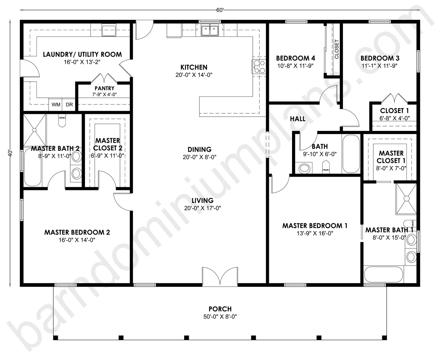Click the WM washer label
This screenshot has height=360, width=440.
pyautogui.click(x=56, y=105)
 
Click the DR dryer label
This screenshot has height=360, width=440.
pyautogui.click(x=69, y=105)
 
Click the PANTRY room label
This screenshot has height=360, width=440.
pyautogui.click(x=104, y=88)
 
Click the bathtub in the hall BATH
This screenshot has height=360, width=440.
pyautogui.click(x=351, y=154)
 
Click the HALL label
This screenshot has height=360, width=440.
pyautogui.click(x=297, y=119)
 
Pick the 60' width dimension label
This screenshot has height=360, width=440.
pyautogui.click(x=220, y=10)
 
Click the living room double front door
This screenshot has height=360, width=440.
pyautogui.click(x=220, y=277)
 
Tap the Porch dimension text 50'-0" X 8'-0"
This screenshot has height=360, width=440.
pyautogui.click(x=220, y=317)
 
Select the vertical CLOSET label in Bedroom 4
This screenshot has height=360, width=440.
pyautogui.click(x=336, y=49)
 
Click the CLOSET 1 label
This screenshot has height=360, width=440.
pyautogui.click(x=394, y=111)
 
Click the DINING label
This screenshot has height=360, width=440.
pyautogui.click(x=199, y=150)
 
